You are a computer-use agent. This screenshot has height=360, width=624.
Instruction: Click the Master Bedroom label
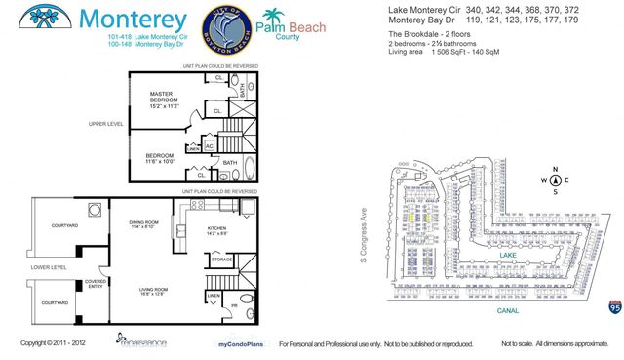[x=164, y=102]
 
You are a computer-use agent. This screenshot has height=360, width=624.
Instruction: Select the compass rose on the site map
[x=555, y=180]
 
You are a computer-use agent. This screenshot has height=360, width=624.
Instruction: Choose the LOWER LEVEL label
[x=48, y=266]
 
